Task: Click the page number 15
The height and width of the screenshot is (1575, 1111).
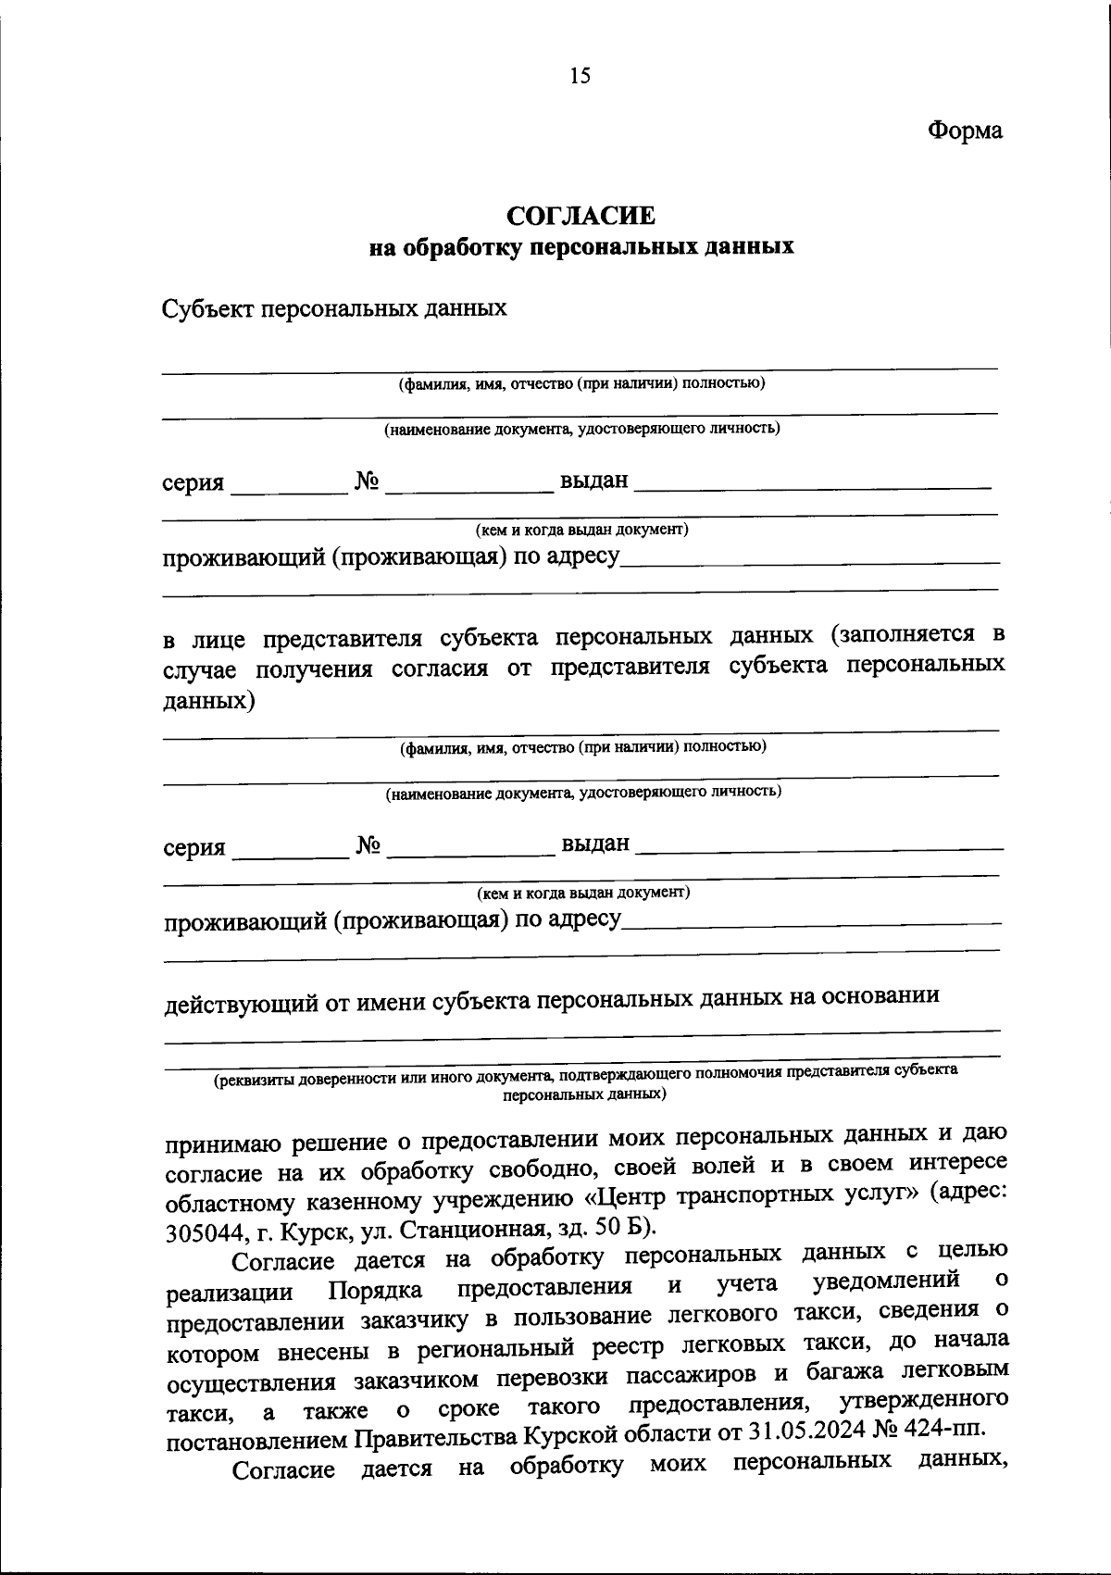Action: coord(580,76)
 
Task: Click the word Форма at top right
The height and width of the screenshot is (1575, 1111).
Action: coord(966,131)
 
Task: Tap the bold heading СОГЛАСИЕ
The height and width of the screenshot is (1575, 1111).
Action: coord(581,216)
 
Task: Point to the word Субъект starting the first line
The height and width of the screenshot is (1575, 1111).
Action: coord(206,308)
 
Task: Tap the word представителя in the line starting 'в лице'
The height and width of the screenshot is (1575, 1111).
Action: coord(350,639)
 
